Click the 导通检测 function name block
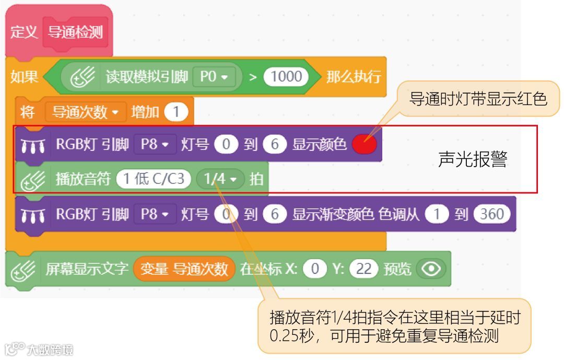tap(76, 32)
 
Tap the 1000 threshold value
tap(286, 77)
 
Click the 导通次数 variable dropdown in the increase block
tap(86, 112)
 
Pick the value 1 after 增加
tap(176, 112)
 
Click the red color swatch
tap(365, 144)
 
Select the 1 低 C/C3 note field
tap(153, 179)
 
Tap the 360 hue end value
tap(492, 214)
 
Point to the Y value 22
tap(363, 269)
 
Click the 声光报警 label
tap(472, 160)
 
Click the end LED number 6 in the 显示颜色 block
tap(274, 144)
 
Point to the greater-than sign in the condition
tap(253, 77)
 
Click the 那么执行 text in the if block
tap(354, 77)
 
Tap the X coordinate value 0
tap(315, 269)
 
